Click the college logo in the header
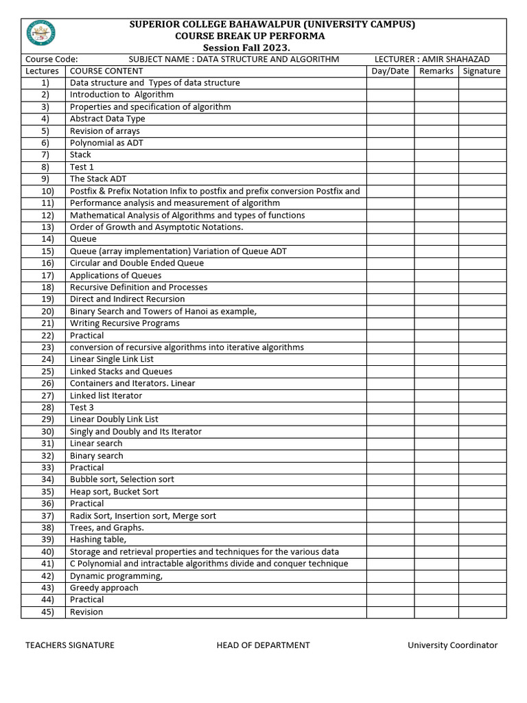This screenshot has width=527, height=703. click(41, 33)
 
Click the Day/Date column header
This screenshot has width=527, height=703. click(390, 71)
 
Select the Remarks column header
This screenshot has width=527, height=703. click(436, 71)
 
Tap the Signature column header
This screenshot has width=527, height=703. click(482, 71)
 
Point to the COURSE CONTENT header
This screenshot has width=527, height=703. click(106, 71)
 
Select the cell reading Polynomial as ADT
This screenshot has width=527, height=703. click(106, 143)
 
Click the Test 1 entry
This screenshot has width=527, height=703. click(82, 167)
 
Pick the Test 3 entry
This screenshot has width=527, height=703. click(82, 407)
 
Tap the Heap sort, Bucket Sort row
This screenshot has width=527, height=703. click(114, 492)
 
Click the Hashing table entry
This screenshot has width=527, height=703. click(98, 540)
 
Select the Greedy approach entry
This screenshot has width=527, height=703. click(104, 588)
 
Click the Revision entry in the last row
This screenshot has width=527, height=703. click(86, 612)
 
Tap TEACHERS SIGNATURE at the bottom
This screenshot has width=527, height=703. click(70, 645)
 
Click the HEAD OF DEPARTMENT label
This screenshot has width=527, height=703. click(263, 645)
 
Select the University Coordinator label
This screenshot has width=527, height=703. click(452, 645)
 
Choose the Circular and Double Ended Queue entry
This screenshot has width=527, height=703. click(137, 263)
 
